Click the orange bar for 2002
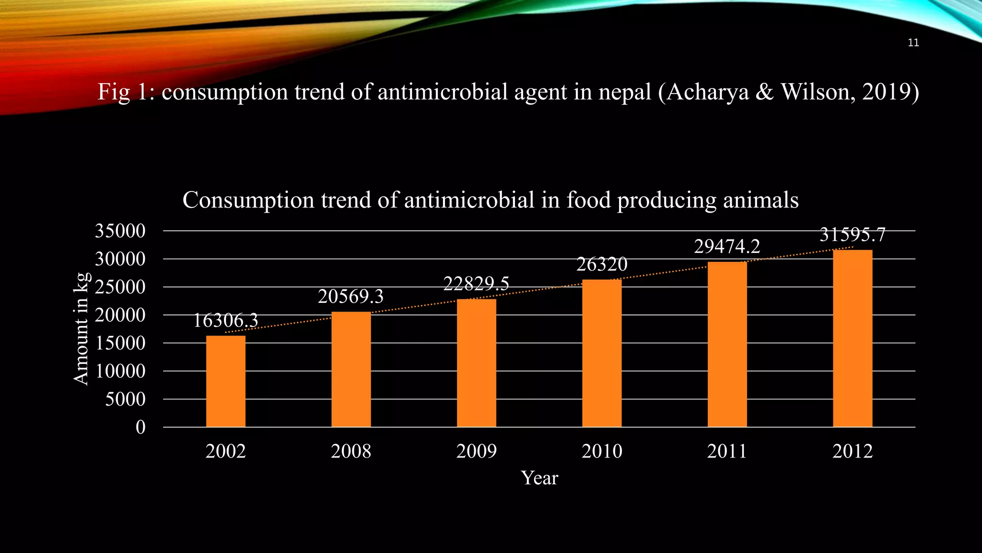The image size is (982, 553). coord(225,381)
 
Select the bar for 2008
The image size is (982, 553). coord(351,369)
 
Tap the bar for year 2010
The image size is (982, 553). coord(602,353)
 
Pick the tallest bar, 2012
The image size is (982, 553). coord(853,338)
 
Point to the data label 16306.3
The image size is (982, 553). coord(225,320)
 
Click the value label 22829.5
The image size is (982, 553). coord(476,284)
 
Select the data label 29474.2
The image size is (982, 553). coord(727,246)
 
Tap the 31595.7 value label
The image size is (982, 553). coord(852,235)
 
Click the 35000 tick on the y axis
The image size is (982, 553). coord(120,231)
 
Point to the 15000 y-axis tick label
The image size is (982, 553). coord(120,343)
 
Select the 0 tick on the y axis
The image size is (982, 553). coord(140,427)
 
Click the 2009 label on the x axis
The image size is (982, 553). coord(476,451)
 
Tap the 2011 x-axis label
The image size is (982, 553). coord(727,451)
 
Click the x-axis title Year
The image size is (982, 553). coord(539,478)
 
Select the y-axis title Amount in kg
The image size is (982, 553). coord(82,329)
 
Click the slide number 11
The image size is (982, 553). coord(913,43)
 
